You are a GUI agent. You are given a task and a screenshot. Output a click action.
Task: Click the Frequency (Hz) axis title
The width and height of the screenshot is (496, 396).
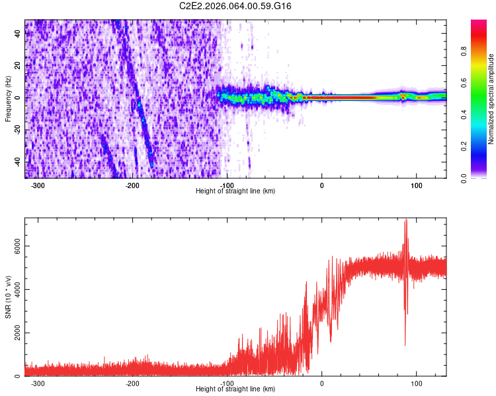(8, 98)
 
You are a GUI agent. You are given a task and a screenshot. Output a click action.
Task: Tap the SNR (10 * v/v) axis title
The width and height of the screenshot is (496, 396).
(8, 297)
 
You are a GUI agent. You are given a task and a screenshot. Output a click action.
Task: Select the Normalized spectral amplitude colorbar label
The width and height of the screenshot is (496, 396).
(491, 99)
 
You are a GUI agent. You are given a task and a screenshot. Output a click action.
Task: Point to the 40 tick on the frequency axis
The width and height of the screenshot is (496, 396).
(17, 34)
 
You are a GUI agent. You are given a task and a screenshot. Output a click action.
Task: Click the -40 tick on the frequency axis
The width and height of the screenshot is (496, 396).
(16, 162)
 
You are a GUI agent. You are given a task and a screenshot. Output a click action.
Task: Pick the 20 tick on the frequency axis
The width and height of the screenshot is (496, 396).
(17, 66)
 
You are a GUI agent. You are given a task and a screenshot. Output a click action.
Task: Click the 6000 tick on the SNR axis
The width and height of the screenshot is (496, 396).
(13, 246)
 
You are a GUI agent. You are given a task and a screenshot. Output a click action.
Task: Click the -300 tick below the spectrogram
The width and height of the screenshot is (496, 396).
(38, 185)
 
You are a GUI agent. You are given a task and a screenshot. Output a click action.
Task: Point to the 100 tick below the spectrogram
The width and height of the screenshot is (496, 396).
(417, 185)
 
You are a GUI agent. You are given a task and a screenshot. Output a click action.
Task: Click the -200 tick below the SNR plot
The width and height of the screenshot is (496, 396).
(132, 383)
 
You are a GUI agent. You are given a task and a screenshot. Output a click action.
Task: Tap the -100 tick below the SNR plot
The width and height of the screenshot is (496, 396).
(227, 383)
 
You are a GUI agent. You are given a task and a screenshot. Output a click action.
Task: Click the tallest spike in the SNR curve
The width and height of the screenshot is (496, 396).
(405, 220)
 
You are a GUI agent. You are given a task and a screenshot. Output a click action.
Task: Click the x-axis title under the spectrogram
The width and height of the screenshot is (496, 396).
(235, 191)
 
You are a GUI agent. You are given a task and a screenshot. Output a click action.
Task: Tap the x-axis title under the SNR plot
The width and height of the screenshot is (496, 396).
(235, 389)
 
